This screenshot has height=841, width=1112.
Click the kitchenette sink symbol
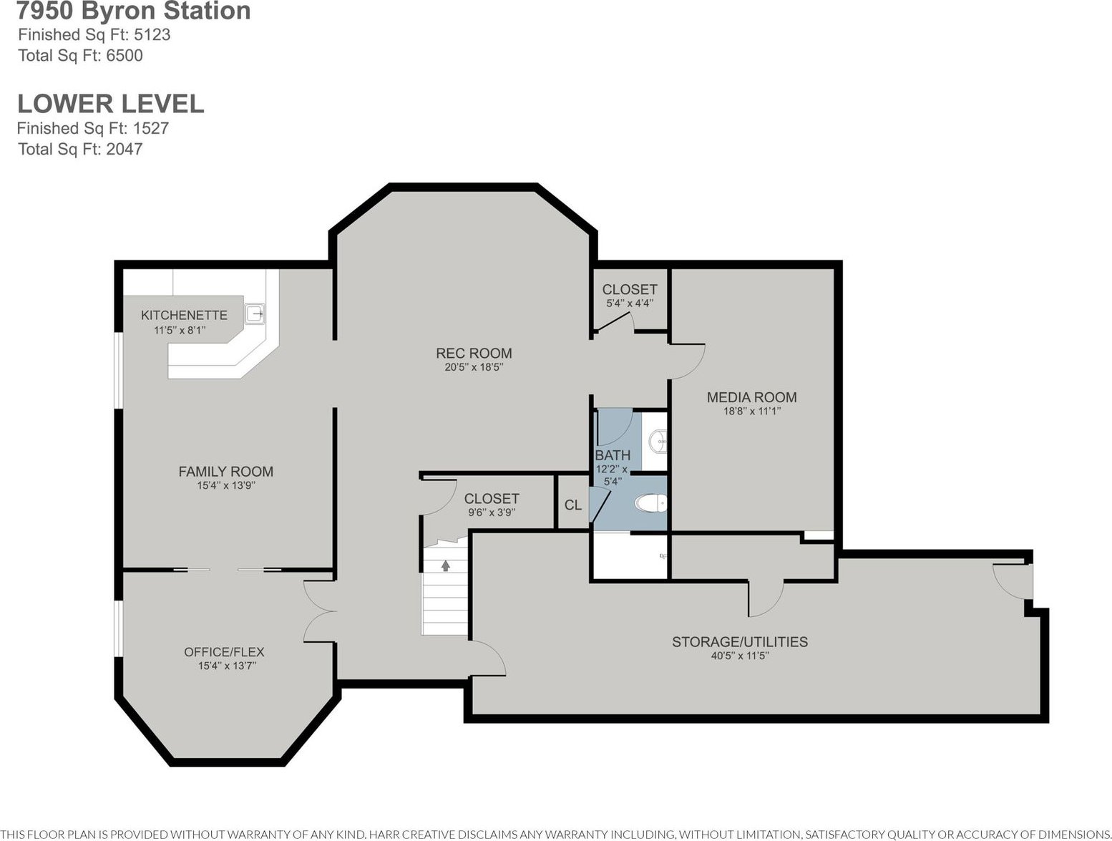255,314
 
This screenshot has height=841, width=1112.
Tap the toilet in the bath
650,503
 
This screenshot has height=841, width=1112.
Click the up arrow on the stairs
445,565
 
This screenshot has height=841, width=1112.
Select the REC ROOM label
474,353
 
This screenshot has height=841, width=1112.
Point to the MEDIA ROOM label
752,397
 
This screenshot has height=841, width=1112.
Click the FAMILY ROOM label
226,472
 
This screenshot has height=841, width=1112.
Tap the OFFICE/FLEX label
225,652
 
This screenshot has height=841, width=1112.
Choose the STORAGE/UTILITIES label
740,642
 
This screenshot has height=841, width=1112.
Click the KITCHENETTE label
184,315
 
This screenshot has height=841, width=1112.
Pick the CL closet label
573,505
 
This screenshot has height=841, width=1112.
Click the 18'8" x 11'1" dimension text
752,412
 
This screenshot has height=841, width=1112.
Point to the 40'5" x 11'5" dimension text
740,656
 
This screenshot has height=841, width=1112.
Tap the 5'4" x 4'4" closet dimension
630,303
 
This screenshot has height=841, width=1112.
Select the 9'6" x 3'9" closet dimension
492,512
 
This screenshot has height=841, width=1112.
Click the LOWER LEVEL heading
111,104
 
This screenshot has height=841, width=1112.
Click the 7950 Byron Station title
134,11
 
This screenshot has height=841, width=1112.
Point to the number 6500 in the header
124,55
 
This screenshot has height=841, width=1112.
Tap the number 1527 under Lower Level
150,128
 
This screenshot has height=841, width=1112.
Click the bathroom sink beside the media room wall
658,442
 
